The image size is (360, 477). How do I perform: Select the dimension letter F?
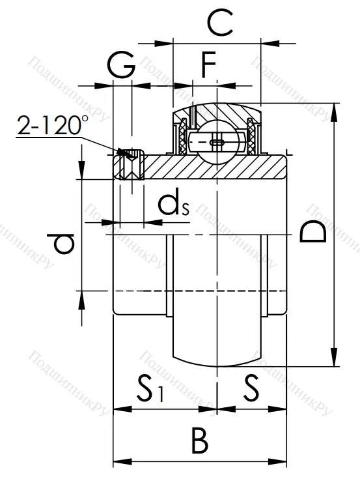coord(208,66)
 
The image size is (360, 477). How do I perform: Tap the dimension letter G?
coord(122,66)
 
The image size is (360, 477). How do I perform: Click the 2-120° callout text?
coord(53,125)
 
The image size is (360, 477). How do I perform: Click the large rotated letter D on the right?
coord(313,232)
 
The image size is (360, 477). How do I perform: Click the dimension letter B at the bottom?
coord(200,442)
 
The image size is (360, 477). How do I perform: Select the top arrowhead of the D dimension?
coord(335,111)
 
